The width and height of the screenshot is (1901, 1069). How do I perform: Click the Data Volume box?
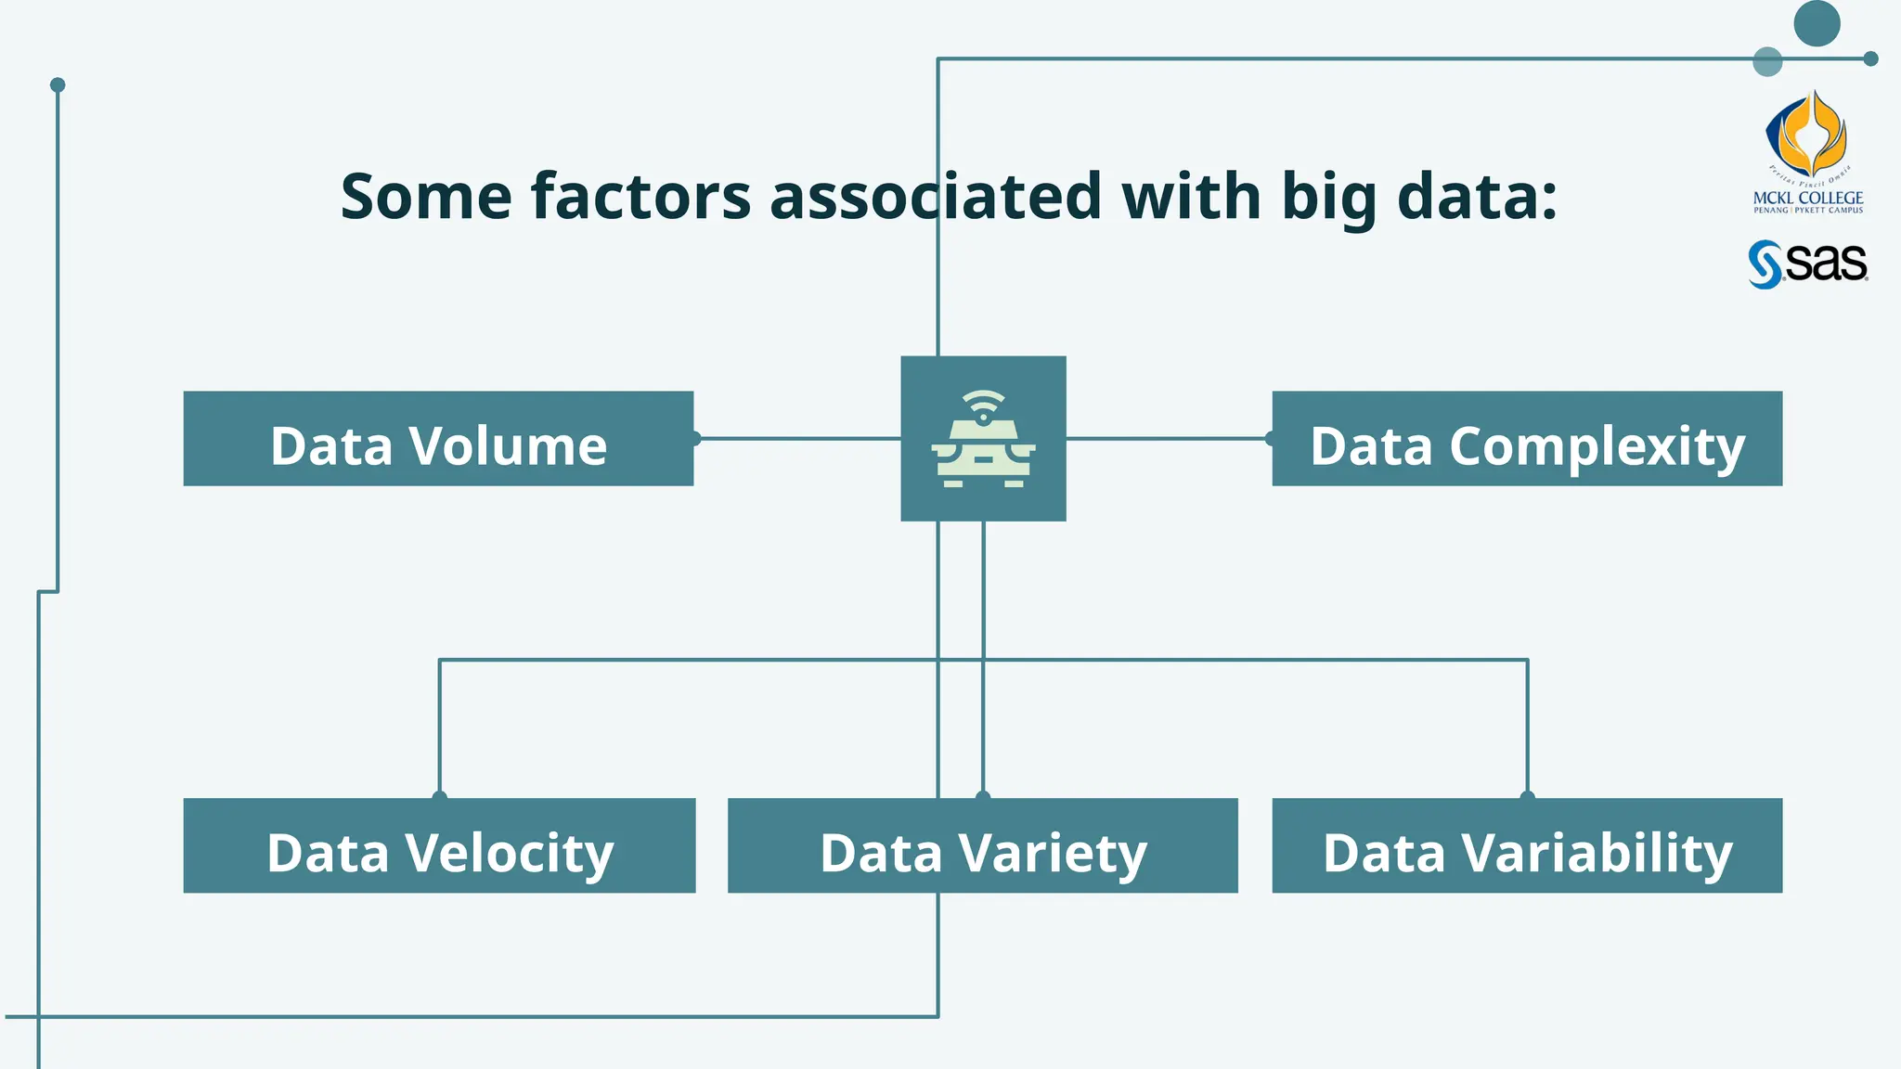coord(438,439)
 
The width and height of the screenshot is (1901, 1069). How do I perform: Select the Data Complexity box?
coord(1527,439)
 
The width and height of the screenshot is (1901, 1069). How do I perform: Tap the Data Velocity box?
coord(439,845)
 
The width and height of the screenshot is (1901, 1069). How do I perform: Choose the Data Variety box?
coord(983,845)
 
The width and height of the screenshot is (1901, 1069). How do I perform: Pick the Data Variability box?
coord(1527,845)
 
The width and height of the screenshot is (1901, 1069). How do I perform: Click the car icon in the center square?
coord(983,455)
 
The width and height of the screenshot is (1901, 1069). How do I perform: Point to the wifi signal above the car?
coord(983,406)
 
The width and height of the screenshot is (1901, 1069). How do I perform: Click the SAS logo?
coord(1807,264)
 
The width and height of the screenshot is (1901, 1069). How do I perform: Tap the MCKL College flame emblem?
coord(1806,135)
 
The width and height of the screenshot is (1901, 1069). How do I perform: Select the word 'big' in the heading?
coord(1329,197)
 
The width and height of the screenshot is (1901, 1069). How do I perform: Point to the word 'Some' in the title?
coord(426,197)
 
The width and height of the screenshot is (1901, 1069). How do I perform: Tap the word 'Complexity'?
coord(1597,447)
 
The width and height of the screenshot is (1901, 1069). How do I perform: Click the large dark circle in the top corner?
coord(1817,23)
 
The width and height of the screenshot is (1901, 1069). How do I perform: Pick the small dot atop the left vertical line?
coord(58,85)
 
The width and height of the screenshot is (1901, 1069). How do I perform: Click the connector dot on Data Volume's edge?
coord(695,439)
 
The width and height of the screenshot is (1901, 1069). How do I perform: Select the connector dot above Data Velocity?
coord(440,796)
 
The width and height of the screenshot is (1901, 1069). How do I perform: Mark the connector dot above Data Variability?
coord(1527,796)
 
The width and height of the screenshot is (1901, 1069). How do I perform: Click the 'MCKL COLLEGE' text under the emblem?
coord(1808,198)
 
